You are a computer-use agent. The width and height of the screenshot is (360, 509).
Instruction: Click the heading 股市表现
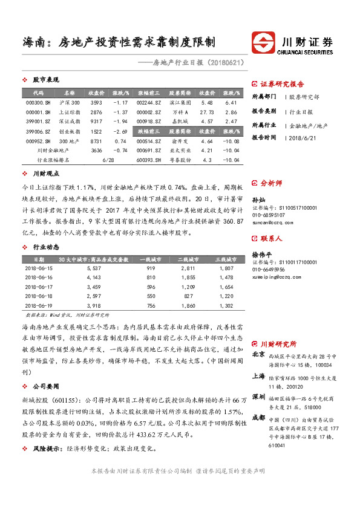point(45,80)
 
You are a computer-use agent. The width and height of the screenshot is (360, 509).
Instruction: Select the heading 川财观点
point(45,174)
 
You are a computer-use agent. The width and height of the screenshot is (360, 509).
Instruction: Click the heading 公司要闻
point(45,385)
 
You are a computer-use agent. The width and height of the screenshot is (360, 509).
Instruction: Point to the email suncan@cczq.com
point(271,222)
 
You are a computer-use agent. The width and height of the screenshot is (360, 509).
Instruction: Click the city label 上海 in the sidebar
point(258,375)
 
